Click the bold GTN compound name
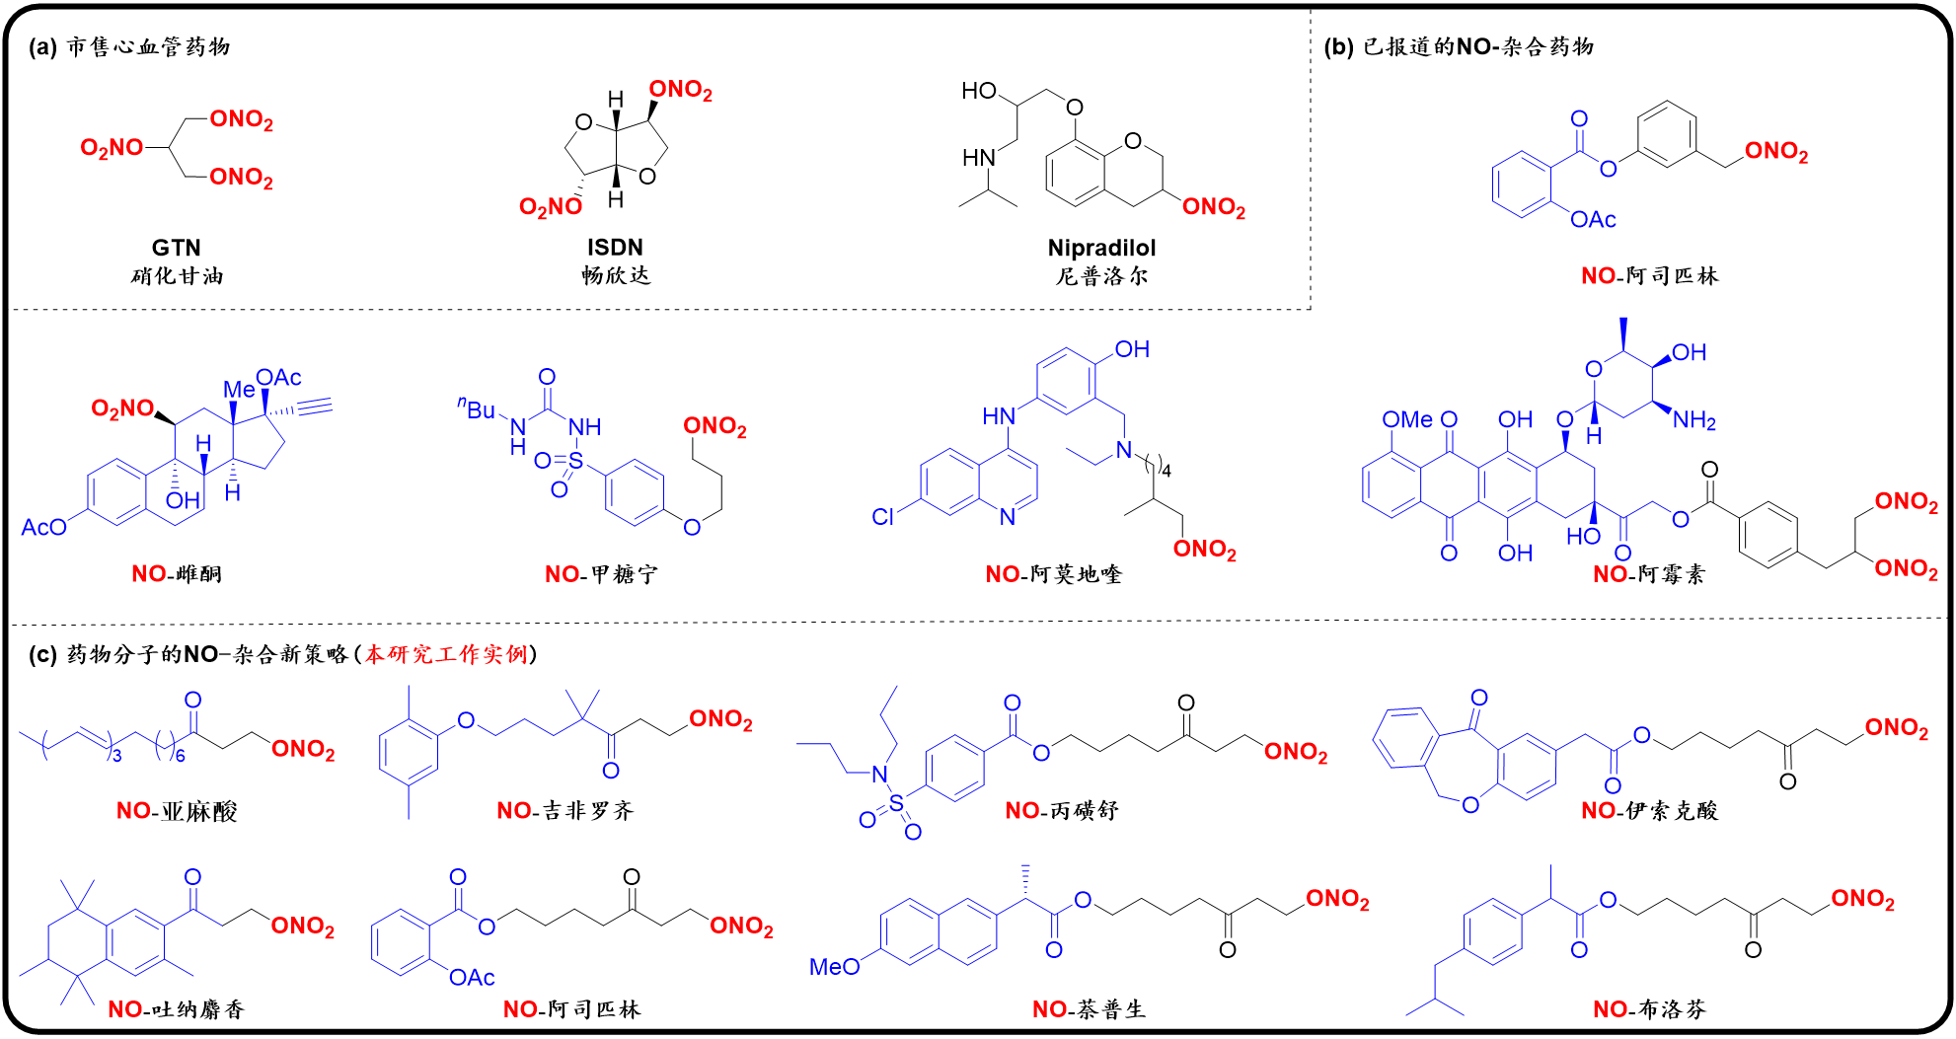tap(176, 247)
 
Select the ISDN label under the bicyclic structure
tap(615, 247)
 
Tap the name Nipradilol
tap(1101, 248)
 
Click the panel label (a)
tap(42, 46)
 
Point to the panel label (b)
tap(1337, 46)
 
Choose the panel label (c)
tap(42, 654)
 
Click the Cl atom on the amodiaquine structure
tap(882, 517)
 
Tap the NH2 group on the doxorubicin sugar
tap(1694, 421)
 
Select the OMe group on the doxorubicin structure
tap(1406, 420)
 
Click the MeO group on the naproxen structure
tap(834, 967)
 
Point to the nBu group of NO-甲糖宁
tap(478, 408)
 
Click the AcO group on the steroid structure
tap(43, 528)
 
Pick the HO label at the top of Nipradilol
tap(979, 91)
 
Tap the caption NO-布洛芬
tap(1649, 1009)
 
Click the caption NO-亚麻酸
tap(177, 811)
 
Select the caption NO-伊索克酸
tap(1649, 811)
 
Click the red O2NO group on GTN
tap(112, 148)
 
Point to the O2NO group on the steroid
tap(122, 408)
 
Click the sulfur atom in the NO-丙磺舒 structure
tap(896, 804)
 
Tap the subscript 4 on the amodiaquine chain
tap(1166, 471)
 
